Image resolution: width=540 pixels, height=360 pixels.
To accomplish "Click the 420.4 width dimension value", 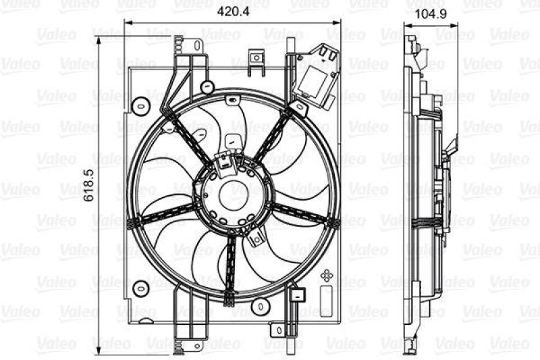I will pyautogui.click(x=232, y=11).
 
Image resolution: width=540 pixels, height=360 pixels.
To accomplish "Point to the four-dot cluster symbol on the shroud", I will pyautogui.click(x=327, y=276).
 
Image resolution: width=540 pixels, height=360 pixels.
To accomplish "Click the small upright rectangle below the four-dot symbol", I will pyautogui.click(x=328, y=297).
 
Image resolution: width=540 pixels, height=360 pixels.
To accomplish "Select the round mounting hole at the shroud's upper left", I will pyautogui.click(x=140, y=106).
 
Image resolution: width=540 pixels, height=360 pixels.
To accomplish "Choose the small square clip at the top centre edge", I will pyautogui.click(x=256, y=61).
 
